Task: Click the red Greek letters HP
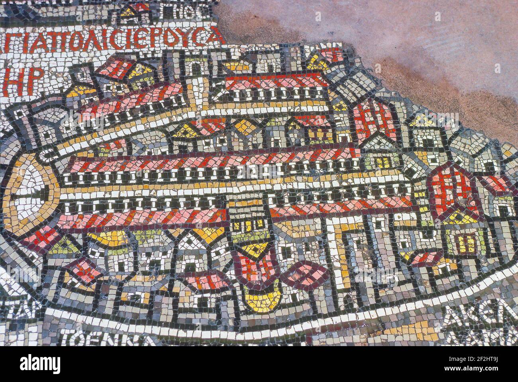[x=20, y=82]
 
